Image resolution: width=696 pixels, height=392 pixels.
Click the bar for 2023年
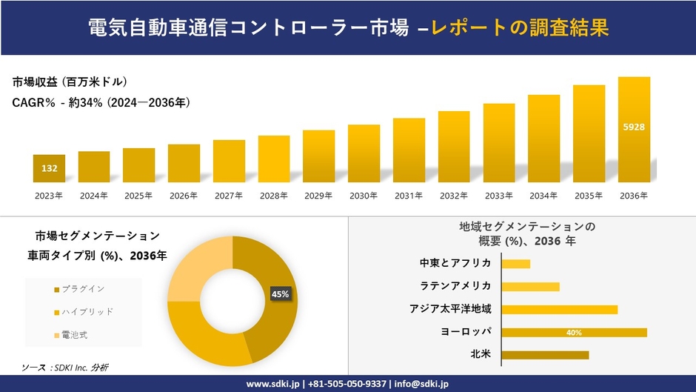click(49, 168)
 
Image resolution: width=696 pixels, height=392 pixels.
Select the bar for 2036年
click(634, 130)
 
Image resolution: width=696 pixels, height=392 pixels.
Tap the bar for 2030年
click(364, 153)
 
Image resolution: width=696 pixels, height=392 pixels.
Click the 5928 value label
click(634, 127)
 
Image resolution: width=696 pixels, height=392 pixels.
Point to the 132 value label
click(49, 169)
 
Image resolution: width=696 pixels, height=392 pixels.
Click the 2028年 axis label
click(274, 196)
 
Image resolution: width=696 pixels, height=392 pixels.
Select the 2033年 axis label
click(499, 196)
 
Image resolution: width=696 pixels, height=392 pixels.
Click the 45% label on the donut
click(281, 294)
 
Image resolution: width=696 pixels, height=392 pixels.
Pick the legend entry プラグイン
click(82, 288)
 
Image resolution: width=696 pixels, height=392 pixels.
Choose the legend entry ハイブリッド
click(87, 312)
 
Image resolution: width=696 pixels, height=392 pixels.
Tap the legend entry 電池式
click(74, 336)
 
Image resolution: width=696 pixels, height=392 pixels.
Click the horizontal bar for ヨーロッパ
click(574, 333)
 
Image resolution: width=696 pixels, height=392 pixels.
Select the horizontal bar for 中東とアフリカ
click(515, 264)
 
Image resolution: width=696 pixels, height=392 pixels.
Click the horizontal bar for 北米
click(545, 355)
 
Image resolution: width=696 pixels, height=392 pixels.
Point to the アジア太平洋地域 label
click(450, 309)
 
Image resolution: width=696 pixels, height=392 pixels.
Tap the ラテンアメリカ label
click(455, 286)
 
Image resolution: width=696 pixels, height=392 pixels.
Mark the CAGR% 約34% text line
click(101, 103)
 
